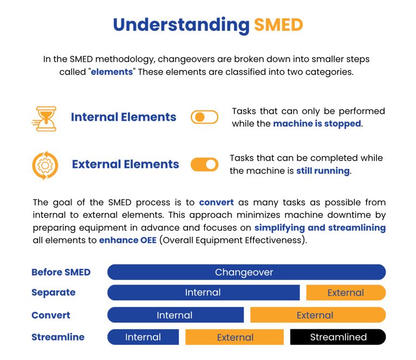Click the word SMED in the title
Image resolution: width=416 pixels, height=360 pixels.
point(278,25)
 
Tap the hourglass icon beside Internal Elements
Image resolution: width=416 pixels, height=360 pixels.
point(44,118)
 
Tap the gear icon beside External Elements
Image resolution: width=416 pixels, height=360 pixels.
point(45,164)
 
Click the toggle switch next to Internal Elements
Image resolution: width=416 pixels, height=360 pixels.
point(204,117)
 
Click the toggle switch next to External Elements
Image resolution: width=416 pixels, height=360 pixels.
point(204,164)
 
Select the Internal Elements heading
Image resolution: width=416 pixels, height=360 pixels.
point(123,117)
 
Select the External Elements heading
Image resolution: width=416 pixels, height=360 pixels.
point(125,164)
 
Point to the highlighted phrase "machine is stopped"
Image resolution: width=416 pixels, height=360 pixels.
point(316,124)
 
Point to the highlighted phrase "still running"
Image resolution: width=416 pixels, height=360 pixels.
point(323,170)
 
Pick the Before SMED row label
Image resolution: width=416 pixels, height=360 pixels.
point(61,272)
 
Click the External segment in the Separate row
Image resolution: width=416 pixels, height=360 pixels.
point(346,293)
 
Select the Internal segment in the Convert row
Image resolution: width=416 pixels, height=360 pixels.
point(175,315)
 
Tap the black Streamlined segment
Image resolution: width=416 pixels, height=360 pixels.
point(338,337)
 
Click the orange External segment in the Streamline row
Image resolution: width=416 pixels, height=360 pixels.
point(235,337)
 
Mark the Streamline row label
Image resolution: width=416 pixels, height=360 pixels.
point(57,337)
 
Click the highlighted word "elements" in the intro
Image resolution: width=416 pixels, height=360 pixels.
point(112,72)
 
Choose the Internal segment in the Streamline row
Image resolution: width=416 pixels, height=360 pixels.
point(143,337)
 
